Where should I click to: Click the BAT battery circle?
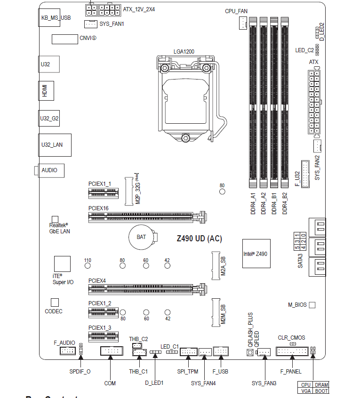click(x=141, y=237)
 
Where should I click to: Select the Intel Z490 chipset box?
click(x=255, y=254)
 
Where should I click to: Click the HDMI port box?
click(x=46, y=90)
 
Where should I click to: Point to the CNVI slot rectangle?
click(x=65, y=39)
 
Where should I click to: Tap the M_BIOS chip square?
click(x=312, y=305)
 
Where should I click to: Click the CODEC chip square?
click(x=54, y=302)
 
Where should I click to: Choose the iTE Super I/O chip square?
click(x=62, y=264)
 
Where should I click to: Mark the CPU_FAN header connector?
click(x=242, y=23)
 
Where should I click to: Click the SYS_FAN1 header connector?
click(x=91, y=24)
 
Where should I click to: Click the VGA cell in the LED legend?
click(x=306, y=391)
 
